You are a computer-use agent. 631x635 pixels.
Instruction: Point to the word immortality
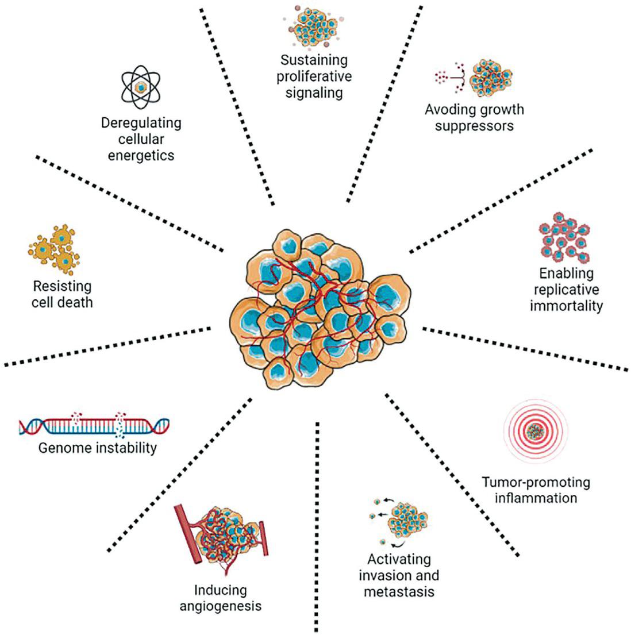566,305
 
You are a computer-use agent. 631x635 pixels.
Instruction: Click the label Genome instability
97,447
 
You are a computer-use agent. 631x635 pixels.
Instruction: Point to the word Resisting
62,286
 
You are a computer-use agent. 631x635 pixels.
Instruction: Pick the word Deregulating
141,123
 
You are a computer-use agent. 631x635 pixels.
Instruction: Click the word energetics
141,155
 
